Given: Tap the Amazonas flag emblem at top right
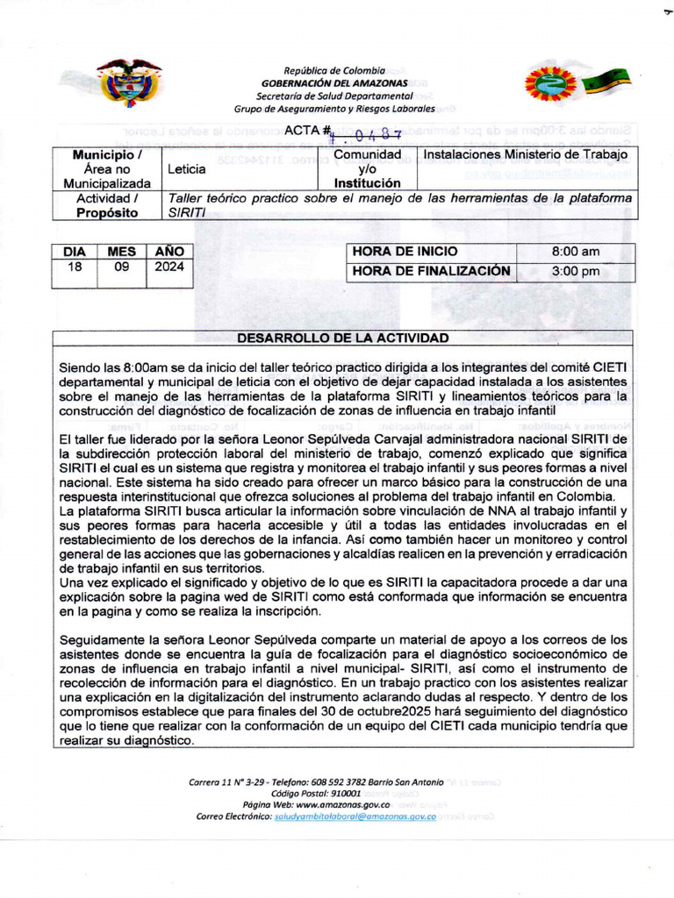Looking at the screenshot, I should (578, 82).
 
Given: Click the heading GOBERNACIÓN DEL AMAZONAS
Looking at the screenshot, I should (334, 82).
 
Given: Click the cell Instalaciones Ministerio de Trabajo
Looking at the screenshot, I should (527, 155).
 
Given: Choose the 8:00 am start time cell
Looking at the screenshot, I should (575, 252).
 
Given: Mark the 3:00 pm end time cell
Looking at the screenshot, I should (575, 271).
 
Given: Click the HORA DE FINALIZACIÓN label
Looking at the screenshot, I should (431, 271).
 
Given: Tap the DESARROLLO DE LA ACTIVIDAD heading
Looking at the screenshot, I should (343, 339).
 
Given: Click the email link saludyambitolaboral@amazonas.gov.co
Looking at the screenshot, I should (355, 816).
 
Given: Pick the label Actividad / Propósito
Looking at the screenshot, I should (107, 205).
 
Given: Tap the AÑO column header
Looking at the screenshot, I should (168, 252).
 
